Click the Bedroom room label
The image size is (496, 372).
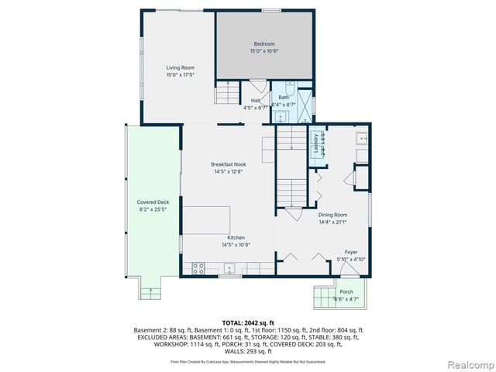coord(264,44)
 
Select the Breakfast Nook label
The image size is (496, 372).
coord(229,164)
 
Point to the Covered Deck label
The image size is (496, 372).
coord(152,202)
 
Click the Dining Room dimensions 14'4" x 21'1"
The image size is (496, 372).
coord(332,222)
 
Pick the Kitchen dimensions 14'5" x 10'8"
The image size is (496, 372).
coord(236,245)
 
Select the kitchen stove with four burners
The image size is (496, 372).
coord(198,269)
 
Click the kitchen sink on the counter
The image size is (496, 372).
coord(229,269)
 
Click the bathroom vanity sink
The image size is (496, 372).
coord(280,115)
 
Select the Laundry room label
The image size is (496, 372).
coord(316,143)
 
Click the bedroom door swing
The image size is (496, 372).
coord(257,86)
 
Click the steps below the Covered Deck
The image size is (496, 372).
coord(150,291)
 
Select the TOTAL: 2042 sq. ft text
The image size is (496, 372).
coord(248,322)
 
